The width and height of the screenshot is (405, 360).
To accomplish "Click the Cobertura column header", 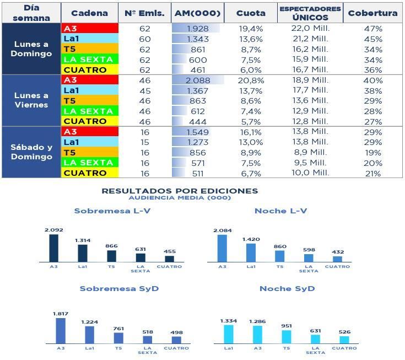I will (x=373, y=13).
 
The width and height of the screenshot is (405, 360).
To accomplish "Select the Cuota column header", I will (x=251, y=13).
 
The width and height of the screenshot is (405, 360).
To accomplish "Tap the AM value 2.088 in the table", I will (x=197, y=80).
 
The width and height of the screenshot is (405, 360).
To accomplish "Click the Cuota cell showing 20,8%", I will (x=251, y=80).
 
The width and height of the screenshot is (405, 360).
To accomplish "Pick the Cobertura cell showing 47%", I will (x=373, y=28).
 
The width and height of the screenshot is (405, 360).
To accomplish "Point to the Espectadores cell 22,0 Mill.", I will (x=310, y=28).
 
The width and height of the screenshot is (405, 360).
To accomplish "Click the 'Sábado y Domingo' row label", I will (x=31, y=152).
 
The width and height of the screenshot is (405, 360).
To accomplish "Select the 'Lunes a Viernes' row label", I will (x=31, y=100).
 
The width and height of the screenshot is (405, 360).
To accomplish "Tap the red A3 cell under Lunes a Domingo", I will (x=90, y=28).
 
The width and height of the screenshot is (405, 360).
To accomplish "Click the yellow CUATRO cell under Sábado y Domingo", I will (x=90, y=173).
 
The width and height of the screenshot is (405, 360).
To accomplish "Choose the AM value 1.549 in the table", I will (x=197, y=132).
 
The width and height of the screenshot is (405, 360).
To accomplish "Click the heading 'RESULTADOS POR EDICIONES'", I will (x=180, y=191).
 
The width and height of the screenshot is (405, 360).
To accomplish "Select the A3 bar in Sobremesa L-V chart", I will (x=53, y=248).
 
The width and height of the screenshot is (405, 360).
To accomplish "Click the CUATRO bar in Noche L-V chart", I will (x=337, y=259).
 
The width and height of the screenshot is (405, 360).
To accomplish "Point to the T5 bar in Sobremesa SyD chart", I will (x=118, y=337).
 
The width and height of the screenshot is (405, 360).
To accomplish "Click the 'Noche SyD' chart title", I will (x=287, y=289).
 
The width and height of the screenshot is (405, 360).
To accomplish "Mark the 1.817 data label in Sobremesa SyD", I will (x=61, y=314).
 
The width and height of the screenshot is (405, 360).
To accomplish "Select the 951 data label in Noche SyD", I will (x=286, y=325).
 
